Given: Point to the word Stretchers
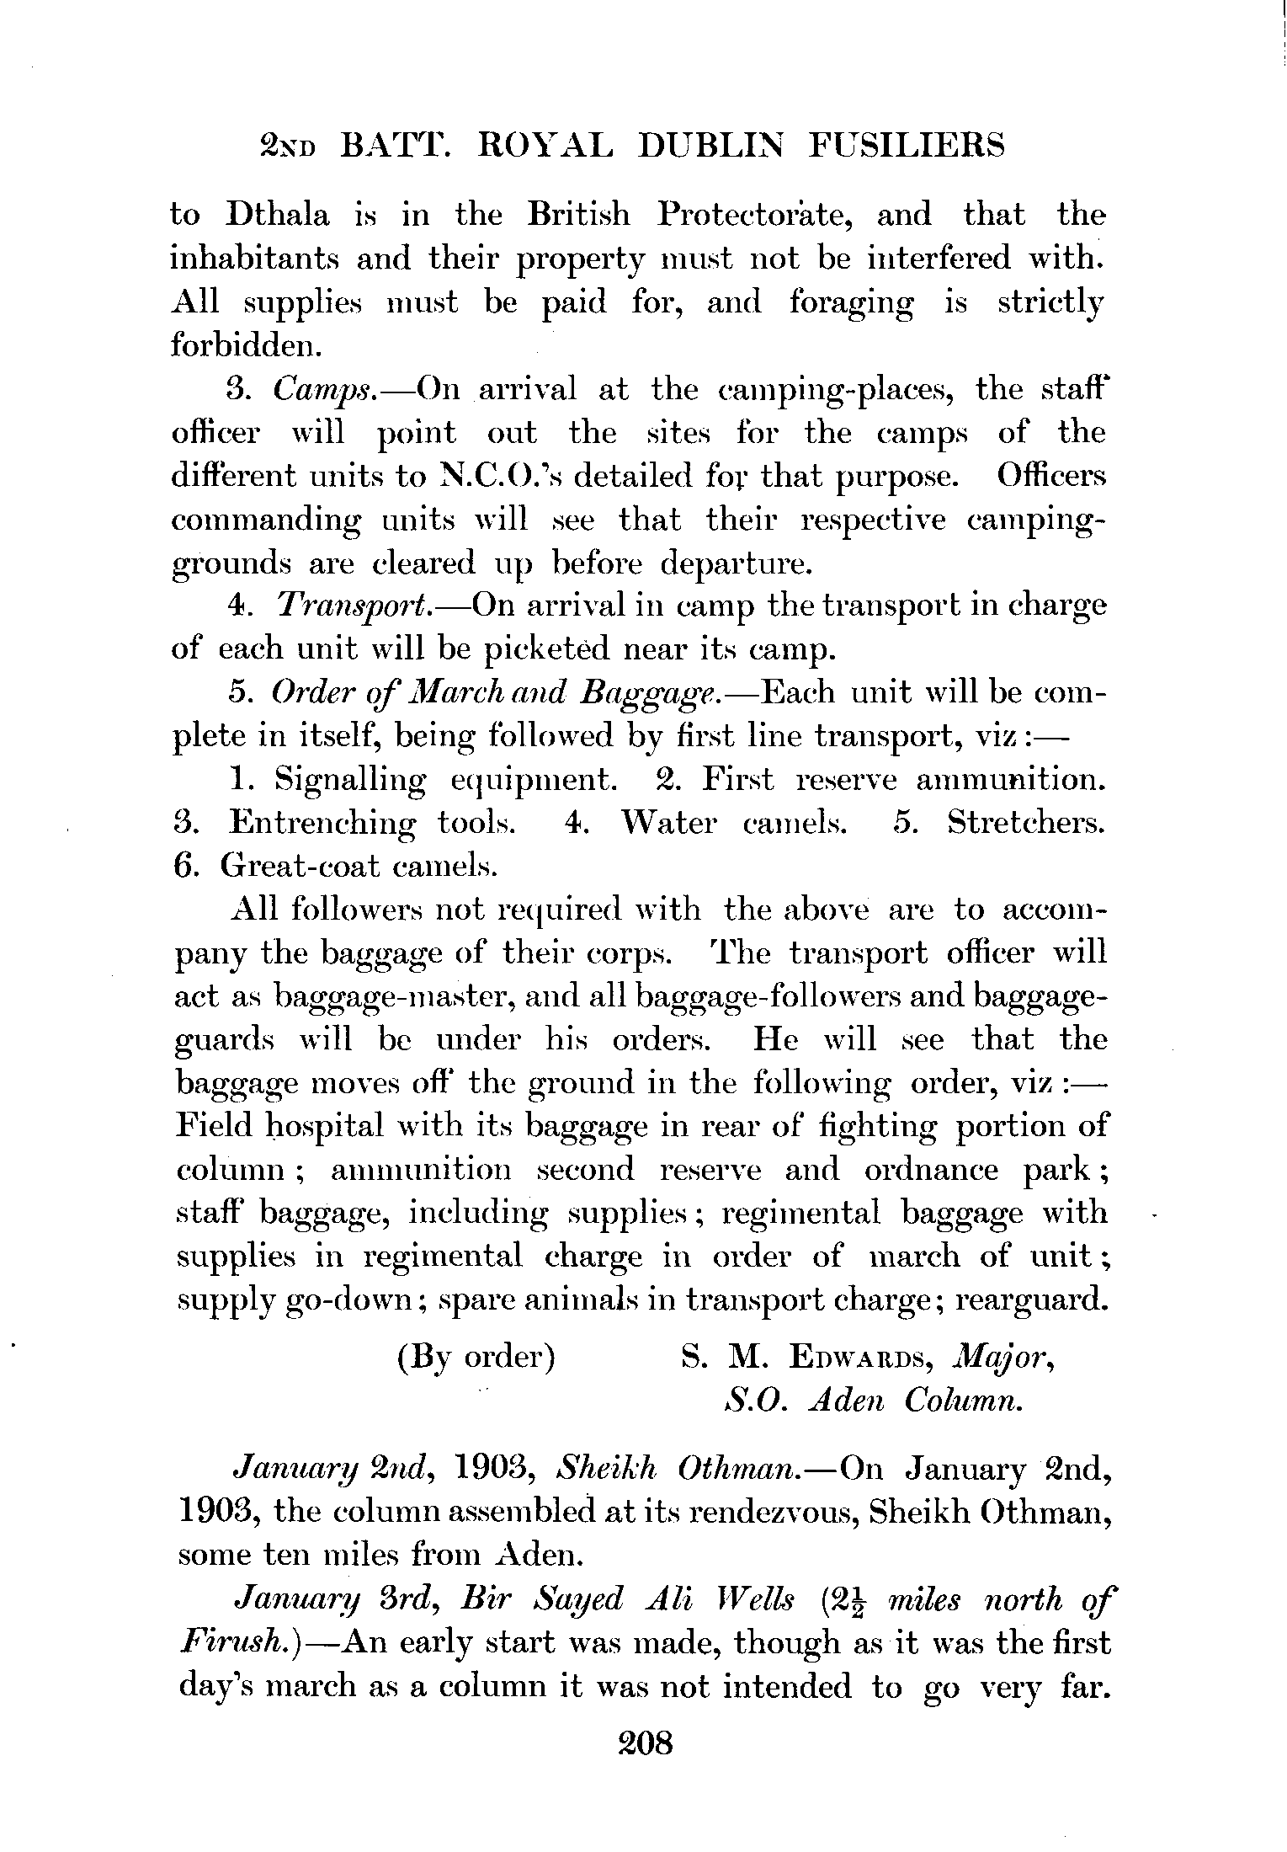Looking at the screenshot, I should coord(1025,823).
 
